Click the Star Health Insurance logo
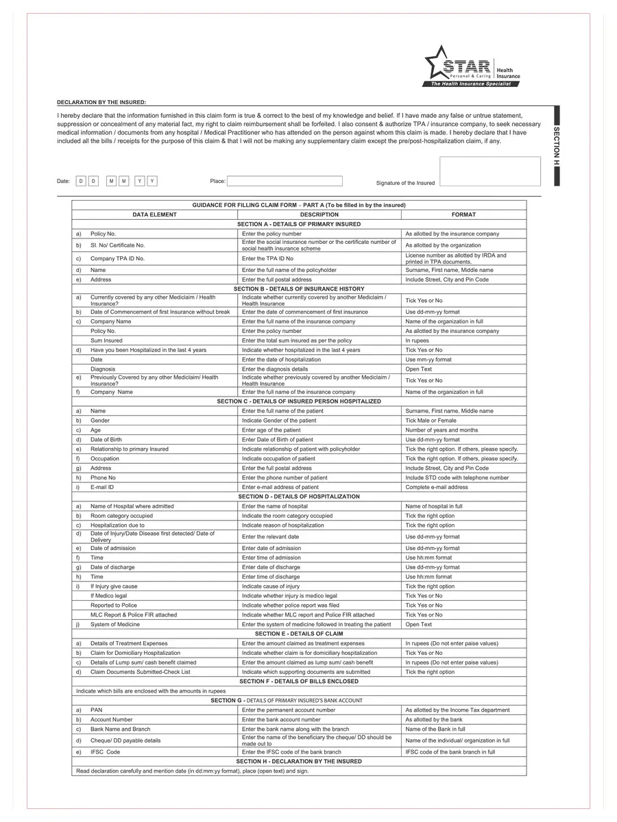[472, 66]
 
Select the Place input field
[285, 181]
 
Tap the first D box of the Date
[80, 181]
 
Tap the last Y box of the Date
[152, 181]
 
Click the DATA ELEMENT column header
[154, 214]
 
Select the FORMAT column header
[463, 214]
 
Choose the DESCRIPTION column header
[319, 214]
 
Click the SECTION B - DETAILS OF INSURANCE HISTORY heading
[299, 288]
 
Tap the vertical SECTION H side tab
[557, 146]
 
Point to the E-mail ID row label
[102, 487]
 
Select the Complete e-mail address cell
[437, 487]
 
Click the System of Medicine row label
[121, 624]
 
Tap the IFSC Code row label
[105, 751]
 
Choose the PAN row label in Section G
[96, 710]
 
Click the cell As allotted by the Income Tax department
[457, 710]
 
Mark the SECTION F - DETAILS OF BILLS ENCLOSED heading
[299, 681]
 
